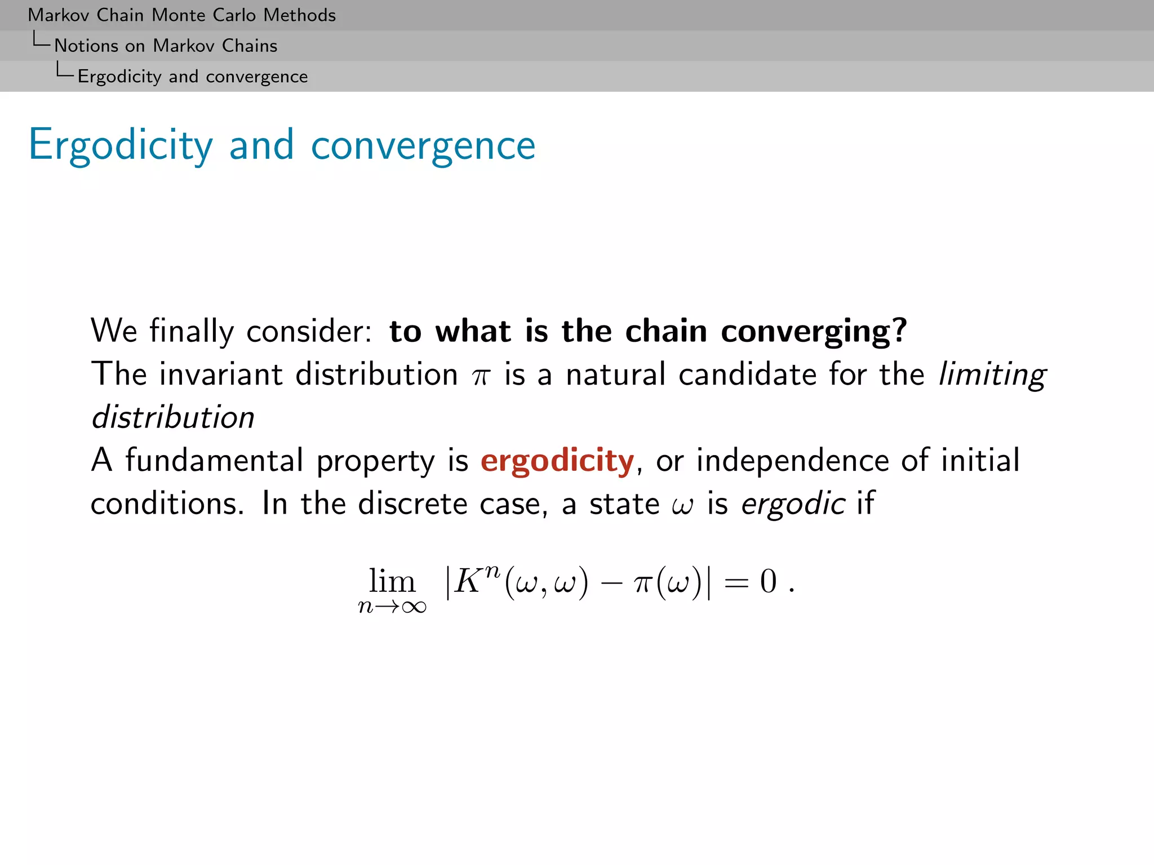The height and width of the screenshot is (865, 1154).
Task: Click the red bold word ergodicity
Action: tap(557, 461)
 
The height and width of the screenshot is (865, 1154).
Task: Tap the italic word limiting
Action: tap(992, 374)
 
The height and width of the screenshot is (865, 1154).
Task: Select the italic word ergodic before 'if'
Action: tap(793, 503)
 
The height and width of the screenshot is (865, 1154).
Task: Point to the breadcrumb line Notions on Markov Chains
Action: tap(166, 46)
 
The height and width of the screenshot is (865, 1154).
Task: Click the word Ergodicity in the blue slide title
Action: tap(121, 146)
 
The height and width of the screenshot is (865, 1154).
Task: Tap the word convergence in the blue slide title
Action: tap(423, 146)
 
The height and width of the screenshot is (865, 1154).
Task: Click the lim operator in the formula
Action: tap(392, 581)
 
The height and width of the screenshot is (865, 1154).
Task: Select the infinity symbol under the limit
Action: tap(414, 607)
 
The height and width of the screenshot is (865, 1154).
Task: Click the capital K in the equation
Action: tap(467, 581)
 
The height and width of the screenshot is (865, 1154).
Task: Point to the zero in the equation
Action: tap(768, 581)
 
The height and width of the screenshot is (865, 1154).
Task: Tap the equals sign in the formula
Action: tap(736, 582)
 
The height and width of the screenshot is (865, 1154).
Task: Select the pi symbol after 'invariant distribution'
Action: tap(481, 377)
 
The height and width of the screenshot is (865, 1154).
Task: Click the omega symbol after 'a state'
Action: tap(682, 505)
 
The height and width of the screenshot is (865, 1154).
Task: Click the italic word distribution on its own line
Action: tap(173, 418)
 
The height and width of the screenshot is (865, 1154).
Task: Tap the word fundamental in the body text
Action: tap(214, 461)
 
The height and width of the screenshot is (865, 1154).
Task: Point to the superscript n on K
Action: tap(492, 571)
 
